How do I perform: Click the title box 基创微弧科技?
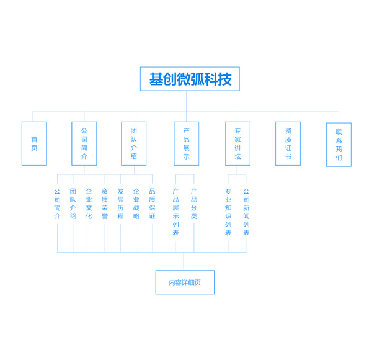click(x=190, y=79)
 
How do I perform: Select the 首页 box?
click(x=34, y=143)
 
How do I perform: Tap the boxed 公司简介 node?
click(x=84, y=143)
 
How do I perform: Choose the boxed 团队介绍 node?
click(x=133, y=143)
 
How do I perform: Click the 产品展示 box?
click(x=186, y=143)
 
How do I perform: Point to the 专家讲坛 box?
click(x=237, y=143)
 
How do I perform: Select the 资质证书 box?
click(x=288, y=143)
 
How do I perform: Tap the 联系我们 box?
click(x=339, y=145)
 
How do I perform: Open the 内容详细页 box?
click(x=185, y=282)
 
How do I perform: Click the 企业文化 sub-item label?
click(x=89, y=204)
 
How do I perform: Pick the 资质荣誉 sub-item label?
click(x=104, y=204)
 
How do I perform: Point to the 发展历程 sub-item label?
click(x=120, y=204)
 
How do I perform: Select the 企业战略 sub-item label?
click(x=136, y=204)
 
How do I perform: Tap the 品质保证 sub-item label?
click(x=152, y=204)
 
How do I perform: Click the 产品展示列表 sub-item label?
click(x=175, y=212)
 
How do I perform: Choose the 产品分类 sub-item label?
click(x=194, y=204)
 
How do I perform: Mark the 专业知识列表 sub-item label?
click(x=228, y=212)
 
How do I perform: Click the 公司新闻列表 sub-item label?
click(x=246, y=212)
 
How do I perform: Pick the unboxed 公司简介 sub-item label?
click(x=57, y=204)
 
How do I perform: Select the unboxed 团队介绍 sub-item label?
click(x=73, y=204)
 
